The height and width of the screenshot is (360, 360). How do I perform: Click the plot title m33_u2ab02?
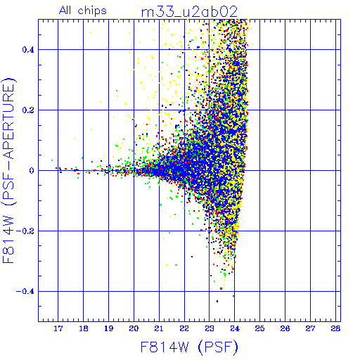(x=189, y=12)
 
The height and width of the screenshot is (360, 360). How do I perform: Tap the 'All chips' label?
(x=83, y=11)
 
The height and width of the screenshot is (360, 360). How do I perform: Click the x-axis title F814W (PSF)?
(x=189, y=347)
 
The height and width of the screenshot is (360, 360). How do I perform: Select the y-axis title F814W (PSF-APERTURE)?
(x=9, y=170)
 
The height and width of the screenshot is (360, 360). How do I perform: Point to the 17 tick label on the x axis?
(x=58, y=328)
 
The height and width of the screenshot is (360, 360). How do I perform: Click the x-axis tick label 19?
(x=108, y=328)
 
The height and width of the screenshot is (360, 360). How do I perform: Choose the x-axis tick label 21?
(x=159, y=328)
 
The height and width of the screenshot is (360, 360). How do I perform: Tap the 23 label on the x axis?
(x=210, y=328)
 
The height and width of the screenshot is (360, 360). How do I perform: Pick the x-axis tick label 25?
(x=259, y=328)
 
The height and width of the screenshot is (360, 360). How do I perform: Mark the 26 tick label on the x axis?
(x=285, y=328)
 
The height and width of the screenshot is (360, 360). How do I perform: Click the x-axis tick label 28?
(x=335, y=328)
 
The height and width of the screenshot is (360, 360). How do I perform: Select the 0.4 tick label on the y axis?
(x=28, y=50)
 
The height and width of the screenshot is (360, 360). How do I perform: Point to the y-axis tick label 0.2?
(x=28, y=110)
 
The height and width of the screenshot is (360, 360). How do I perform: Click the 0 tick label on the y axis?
(x=32, y=171)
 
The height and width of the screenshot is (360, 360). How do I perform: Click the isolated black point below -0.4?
(x=217, y=301)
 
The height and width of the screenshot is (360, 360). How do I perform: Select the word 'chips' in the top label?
(x=92, y=11)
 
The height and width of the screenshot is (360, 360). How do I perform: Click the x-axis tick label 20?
(x=134, y=328)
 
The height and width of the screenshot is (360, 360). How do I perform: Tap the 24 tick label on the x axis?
(x=235, y=328)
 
